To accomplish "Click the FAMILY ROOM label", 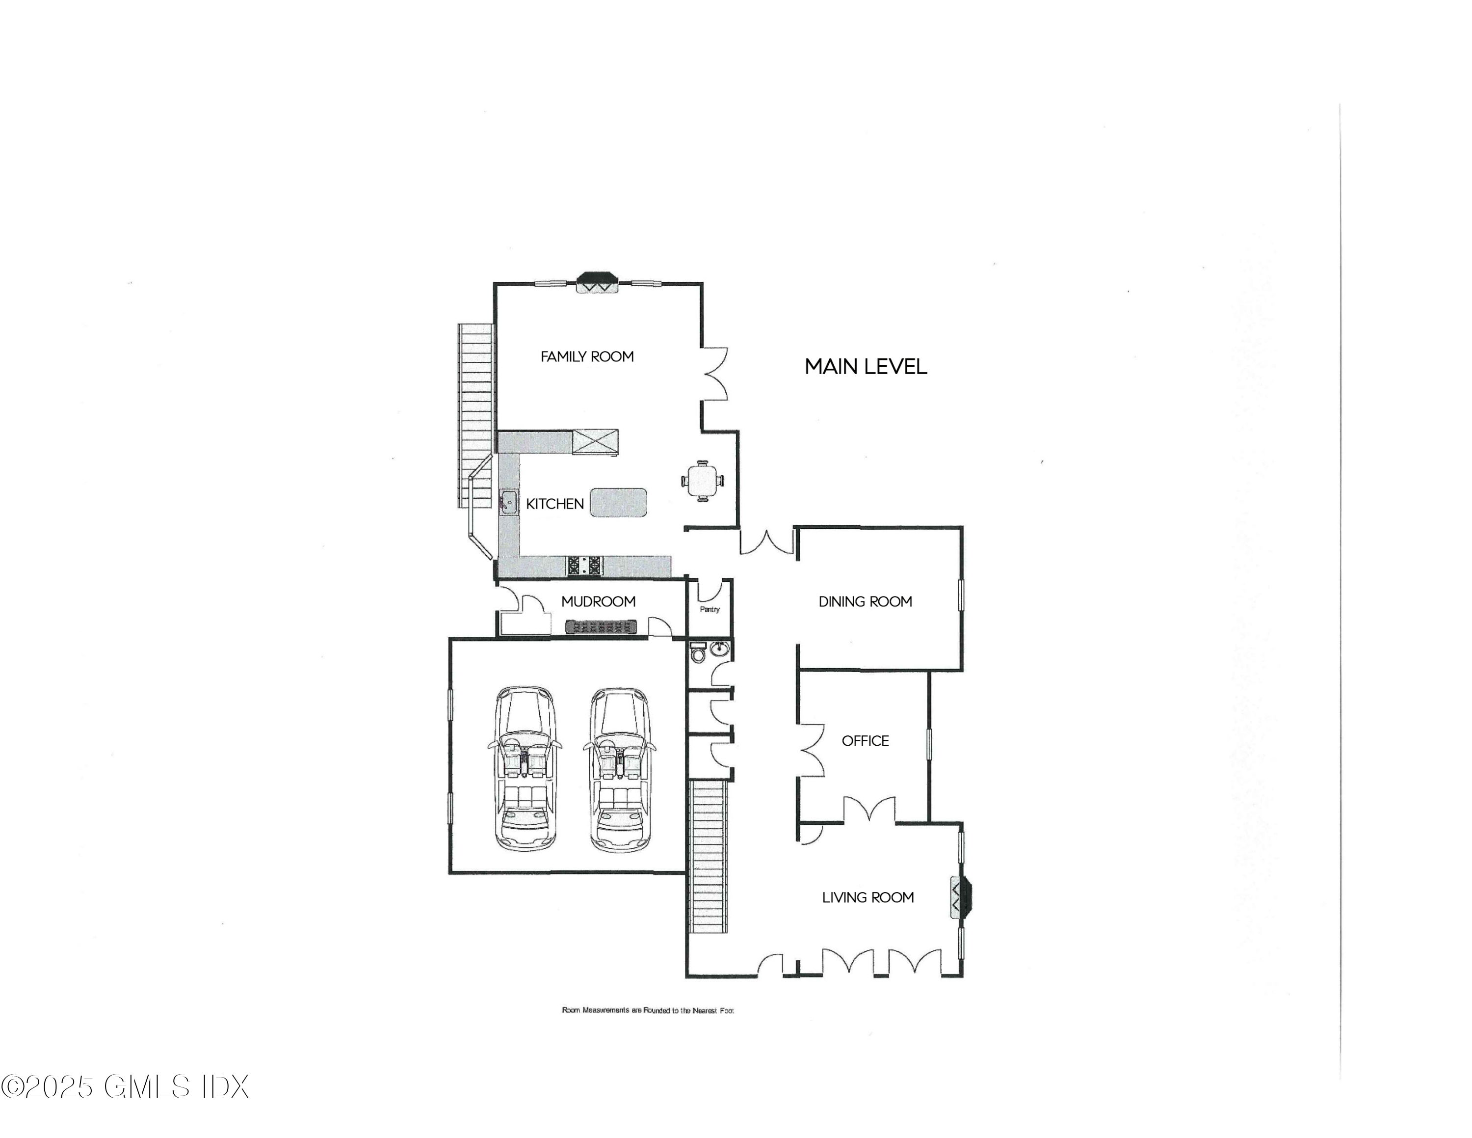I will coord(587,356).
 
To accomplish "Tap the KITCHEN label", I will coord(554,504).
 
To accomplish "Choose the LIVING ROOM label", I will coord(867,897).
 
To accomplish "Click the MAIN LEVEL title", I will coord(866,367).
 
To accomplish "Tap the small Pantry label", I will coord(709,609).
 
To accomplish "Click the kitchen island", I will coord(618,503).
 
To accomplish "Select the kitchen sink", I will coord(508,502).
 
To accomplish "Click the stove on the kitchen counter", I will coord(584,565).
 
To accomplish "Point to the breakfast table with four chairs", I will coord(702,481).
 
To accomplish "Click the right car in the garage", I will coord(619,768).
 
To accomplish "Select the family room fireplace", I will coord(598,282).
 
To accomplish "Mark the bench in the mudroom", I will coord(600,627).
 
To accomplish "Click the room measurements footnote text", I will coord(647,1010).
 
